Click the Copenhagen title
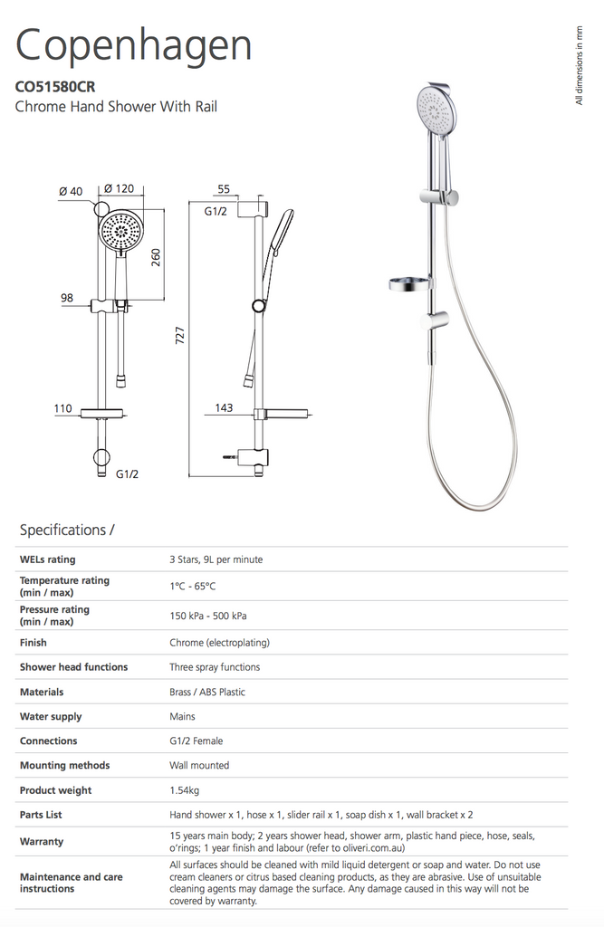[134, 44]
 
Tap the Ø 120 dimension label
[119, 189]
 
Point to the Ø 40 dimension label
[70, 191]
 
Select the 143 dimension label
[223, 408]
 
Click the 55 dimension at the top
[224, 190]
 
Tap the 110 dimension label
[62, 408]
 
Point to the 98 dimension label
[67, 298]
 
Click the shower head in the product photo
[436, 109]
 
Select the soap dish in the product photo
[407, 284]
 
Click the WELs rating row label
[47, 559]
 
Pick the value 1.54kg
[187, 790]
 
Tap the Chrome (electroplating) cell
[219, 643]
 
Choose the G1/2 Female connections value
[196, 741]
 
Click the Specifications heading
[67, 530]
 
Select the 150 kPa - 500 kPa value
[207, 616]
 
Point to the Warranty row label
[42, 841]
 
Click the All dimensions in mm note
[580, 65]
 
